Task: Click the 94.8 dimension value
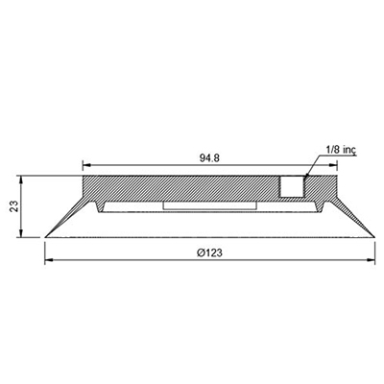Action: (209, 158)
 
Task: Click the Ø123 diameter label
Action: (209, 252)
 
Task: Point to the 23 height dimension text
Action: (13, 206)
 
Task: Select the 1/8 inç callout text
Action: (341, 150)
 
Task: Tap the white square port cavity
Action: (292, 186)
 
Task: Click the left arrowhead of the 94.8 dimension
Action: (86, 165)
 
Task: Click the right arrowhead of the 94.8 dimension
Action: (334, 165)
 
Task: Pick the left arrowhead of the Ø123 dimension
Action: (48, 260)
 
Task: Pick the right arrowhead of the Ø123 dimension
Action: (371, 260)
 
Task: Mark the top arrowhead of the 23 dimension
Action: (21, 180)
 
